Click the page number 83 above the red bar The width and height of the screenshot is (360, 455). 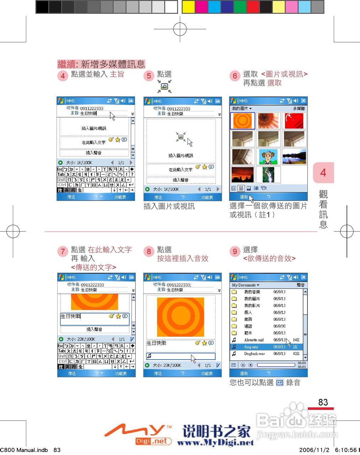pyautogui.click(x=323, y=402)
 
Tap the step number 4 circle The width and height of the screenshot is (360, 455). pyautogui.click(x=63, y=76)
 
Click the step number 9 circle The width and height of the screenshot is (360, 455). pyautogui.click(x=235, y=252)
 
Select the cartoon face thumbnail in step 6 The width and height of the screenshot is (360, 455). pyautogui.click(x=268, y=157)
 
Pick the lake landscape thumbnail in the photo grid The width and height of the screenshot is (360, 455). pyautogui.click(x=294, y=157)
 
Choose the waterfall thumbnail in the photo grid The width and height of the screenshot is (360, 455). pyautogui.click(x=268, y=175)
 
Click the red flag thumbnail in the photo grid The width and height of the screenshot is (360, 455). pyautogui.click(x=294, y=121)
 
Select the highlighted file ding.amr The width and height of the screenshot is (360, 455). pyautogui.click(x=251, y=347)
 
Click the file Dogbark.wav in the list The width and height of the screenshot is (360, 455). pyautogui.click(x=254, y=354)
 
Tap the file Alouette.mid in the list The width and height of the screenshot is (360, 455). pyautogui.click(x=254, y=340)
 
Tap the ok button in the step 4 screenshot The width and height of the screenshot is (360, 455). pyautogui.click(x=131, y=101)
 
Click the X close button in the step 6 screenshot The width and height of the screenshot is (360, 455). pyautogui.click(x=303, y=101)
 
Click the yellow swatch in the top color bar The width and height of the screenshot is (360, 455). pyautogui.click(x=188, y=7)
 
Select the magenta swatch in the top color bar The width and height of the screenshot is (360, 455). pyautogui.click(x=201, y=7)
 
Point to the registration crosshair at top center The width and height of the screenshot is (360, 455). pyautogui.click(x=180, y=29)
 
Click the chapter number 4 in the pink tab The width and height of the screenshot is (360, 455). pyautogui.click(x=323, y=173)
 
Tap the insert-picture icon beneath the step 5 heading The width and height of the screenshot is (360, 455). pyautogui.click(x=164, y=86)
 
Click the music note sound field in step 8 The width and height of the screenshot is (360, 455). pyautogui.click(x=181, y=356)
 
